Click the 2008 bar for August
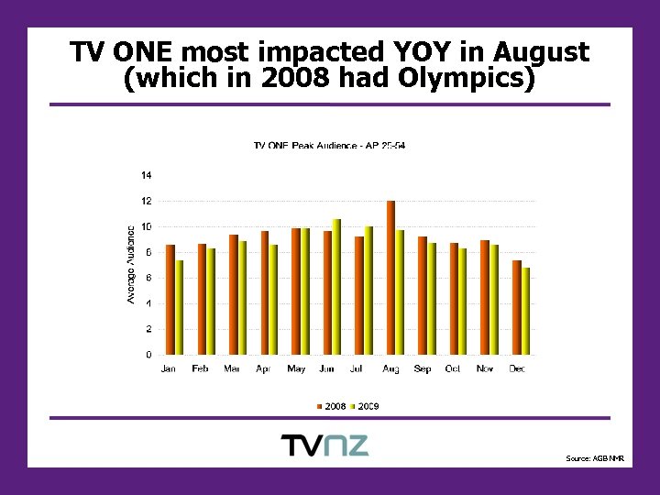pyautogui.click(x=390, y=278)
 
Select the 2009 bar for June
pyautogui.click(x=336, y=287)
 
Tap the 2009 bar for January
pyautogui.click(x=180, y=307)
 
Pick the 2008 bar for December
pyautogui.click(x=517, y=307)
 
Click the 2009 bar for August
pyautogui.click(x=400, y=292)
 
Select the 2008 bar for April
pyautogui.click(x=265, y=292)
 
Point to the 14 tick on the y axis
pyautogui.click(x=147, y=175)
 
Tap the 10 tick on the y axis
pyautogui.click(x=147, y=226)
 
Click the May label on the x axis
pyautogui.click(x=296, y=368)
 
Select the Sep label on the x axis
pyautogui.click(x=423, y=368)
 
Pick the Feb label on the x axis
pyautogui.click(x=201, y=368)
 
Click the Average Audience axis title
pyautogui.click(x=131, y=264)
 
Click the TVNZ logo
pyautogui.click(x=324, y=445)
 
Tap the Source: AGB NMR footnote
pyautogui.click(x=594, y=457)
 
